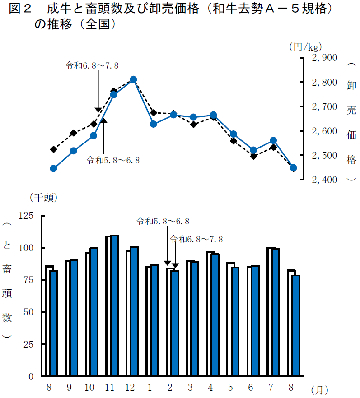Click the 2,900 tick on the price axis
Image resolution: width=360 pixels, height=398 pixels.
324,58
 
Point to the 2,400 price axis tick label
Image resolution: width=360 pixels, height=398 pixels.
324,180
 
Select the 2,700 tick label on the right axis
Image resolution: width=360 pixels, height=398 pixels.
324,107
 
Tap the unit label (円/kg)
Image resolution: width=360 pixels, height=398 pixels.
305,46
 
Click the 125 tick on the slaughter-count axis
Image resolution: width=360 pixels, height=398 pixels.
26,216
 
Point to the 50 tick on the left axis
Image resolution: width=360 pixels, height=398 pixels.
28,312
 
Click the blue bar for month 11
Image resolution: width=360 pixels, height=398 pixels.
114,306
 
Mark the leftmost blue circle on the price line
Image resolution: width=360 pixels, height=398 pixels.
53,168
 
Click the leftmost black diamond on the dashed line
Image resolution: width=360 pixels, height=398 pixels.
53,149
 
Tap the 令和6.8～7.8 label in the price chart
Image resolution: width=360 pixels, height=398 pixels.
92,65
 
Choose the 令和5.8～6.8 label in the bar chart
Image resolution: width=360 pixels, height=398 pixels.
163,221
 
